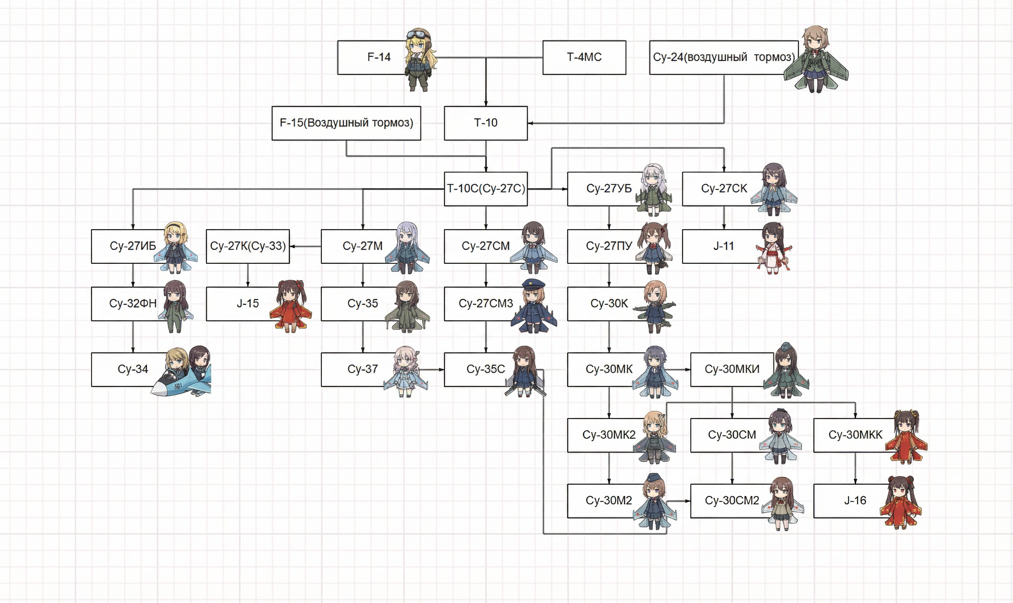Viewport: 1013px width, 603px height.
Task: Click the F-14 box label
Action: point(379,57)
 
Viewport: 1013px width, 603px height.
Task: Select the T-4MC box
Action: point(584,57)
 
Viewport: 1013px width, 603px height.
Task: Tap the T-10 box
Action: point(485,123)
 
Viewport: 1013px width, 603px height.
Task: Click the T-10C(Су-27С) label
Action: point(485,188)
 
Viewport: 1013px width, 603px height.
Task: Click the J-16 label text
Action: point(855,500)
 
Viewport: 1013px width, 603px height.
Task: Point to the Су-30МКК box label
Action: point(855,435)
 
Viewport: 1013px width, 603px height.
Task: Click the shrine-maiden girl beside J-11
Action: point(773,248)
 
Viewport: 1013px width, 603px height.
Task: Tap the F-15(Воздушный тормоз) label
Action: point(346,123)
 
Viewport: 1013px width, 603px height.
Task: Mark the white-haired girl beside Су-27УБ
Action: point(653,188)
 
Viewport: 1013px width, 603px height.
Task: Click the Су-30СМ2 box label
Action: point(732,500)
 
